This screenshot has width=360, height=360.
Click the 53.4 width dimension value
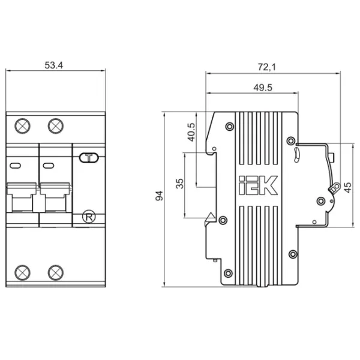pos(53,65)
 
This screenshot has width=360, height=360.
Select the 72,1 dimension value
pos(266,67)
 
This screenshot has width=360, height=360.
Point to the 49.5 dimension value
pos(263,88)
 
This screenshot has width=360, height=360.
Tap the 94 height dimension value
pos(159,196)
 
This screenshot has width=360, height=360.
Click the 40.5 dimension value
pos(191,132)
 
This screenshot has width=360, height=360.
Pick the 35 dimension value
pos(180,184)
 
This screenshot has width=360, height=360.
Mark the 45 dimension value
pos(348,188)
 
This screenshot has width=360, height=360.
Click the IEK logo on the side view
pos(258,185)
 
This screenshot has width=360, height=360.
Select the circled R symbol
pos(89,217)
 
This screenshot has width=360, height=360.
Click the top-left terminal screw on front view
pos(22,126)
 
